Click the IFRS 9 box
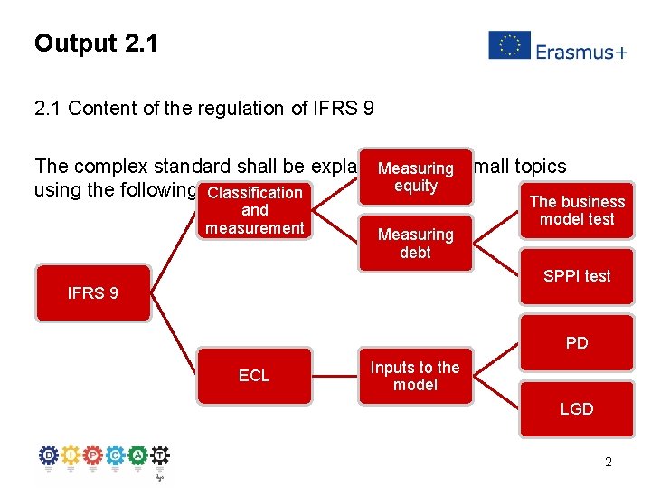tap(92, 292)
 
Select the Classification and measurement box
tap(254, 209)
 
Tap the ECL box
tap(254, 376)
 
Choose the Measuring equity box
tap(415, 177)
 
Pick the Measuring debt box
tap(415, 243)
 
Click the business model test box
tap(577, 210)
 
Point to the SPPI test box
tap(577, 276)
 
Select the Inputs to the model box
tap(415, 376)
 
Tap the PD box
tap(577, 342)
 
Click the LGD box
tap(577, 409)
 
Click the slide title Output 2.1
tap(96, 43)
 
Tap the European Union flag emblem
tap(509, 45)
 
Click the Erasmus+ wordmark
tap(581, 52)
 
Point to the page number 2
tap(608, 462)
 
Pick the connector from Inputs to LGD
tap(495, 393)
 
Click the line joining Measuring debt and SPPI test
tap(495, 260)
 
